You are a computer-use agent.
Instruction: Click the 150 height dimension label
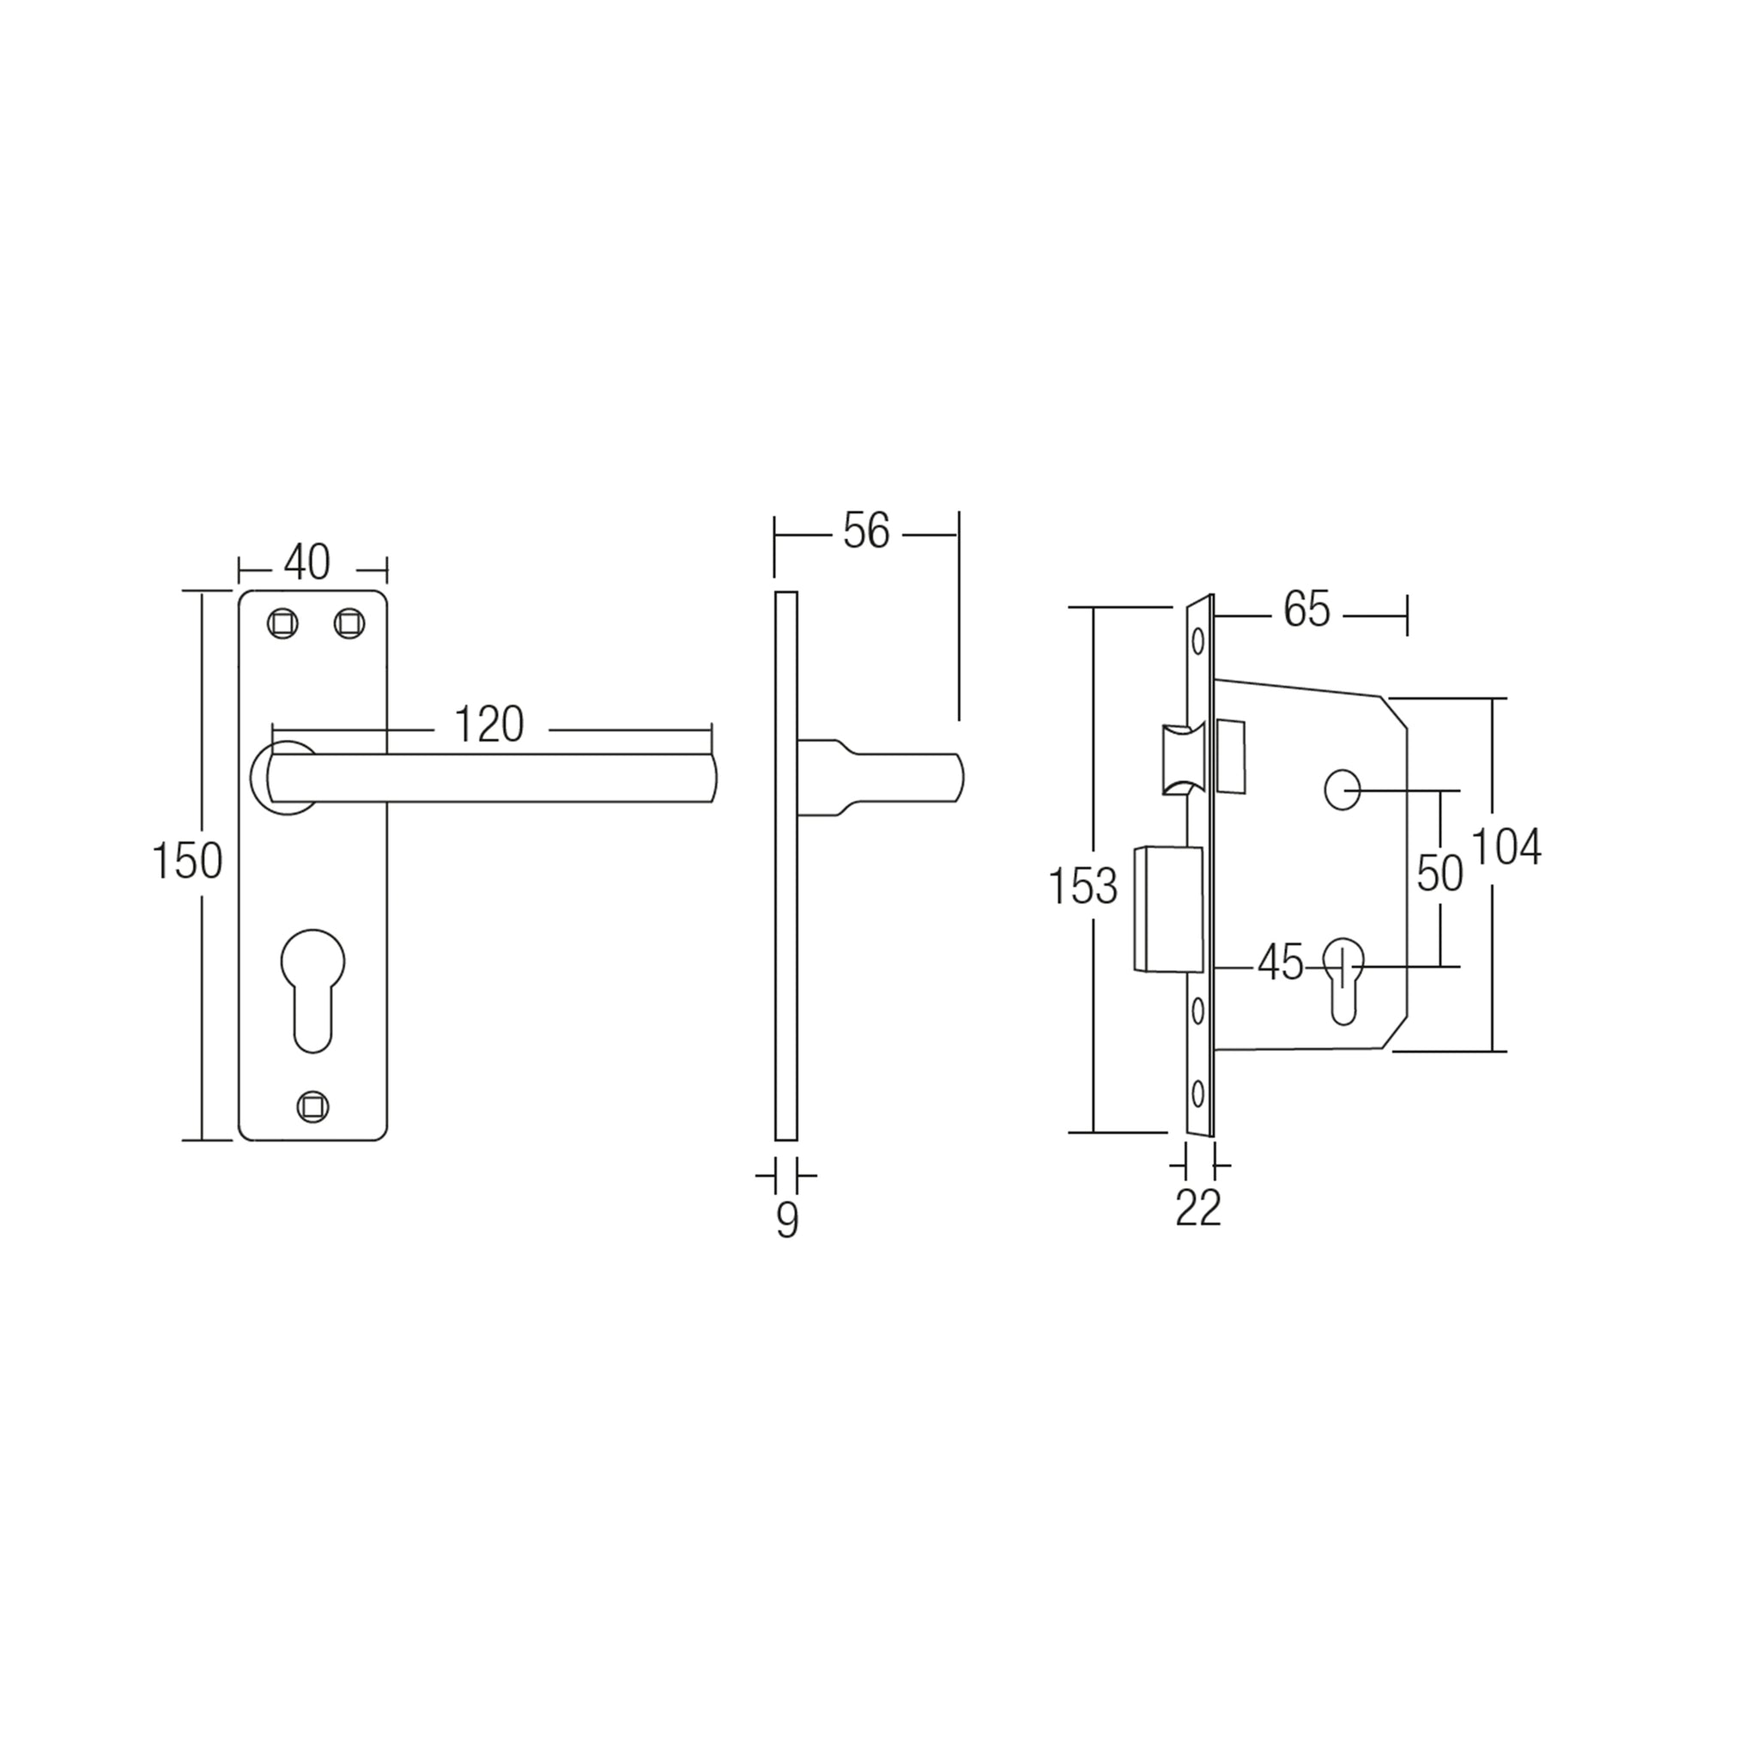(186, 861)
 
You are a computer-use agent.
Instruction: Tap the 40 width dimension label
(306, 562)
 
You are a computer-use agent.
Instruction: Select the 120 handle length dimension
(488, 724)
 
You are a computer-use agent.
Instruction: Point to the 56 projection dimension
(865, 531)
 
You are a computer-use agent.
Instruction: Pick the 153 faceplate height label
(1082, 885)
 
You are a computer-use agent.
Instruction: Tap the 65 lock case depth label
(1306, 609)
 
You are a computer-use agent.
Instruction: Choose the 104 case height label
(1506, 846)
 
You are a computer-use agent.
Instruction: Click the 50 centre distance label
(1440, 874)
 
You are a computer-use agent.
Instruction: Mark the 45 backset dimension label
(1280, 963)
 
